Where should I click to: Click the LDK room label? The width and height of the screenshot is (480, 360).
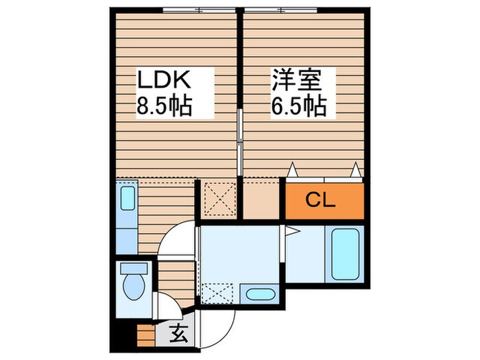[x=165, y=80]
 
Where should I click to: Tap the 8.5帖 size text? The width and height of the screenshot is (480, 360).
[x=165, y=106]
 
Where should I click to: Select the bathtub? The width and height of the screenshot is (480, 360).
[x=347, y=254]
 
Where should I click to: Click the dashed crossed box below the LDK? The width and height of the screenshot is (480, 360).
[x=219, y=200]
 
